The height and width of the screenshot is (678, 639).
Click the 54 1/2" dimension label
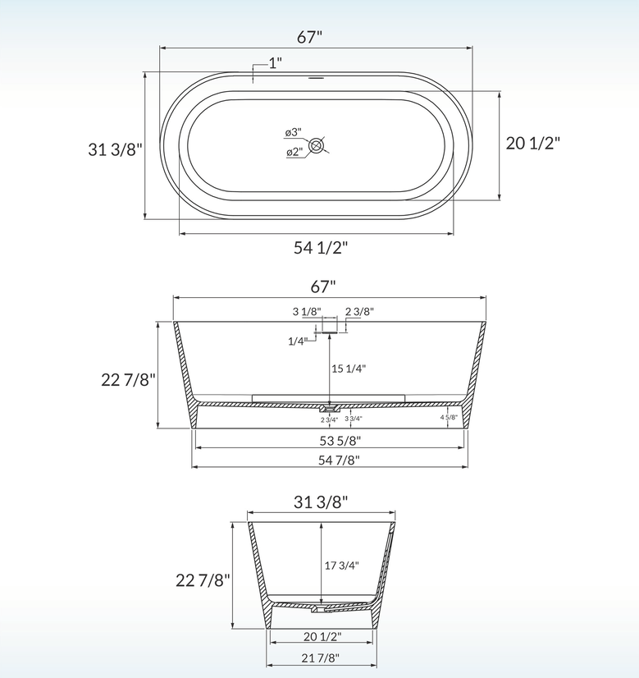point(321,248)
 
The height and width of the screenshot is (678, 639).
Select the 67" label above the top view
point(310,36)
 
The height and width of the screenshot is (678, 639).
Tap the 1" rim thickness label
point(275,63)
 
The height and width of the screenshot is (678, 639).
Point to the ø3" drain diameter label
point(293,132)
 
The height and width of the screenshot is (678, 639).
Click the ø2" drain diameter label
point(293,152)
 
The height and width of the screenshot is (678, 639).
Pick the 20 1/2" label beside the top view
point(532,143)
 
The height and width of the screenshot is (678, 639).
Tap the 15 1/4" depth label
point(349,369)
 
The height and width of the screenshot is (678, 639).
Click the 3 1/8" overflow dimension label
point(306,311)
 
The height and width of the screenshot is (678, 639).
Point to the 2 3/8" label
point(359,311)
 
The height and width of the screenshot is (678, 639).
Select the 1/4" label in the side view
point(297,341)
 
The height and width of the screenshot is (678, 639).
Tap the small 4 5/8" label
point(450,417)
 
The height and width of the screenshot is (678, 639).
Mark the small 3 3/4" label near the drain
point(354,419)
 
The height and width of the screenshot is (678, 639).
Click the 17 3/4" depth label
point(342,565)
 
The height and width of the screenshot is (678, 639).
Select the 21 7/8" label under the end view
point(322,657)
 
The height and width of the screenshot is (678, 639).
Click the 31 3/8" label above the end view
point(321,502)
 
